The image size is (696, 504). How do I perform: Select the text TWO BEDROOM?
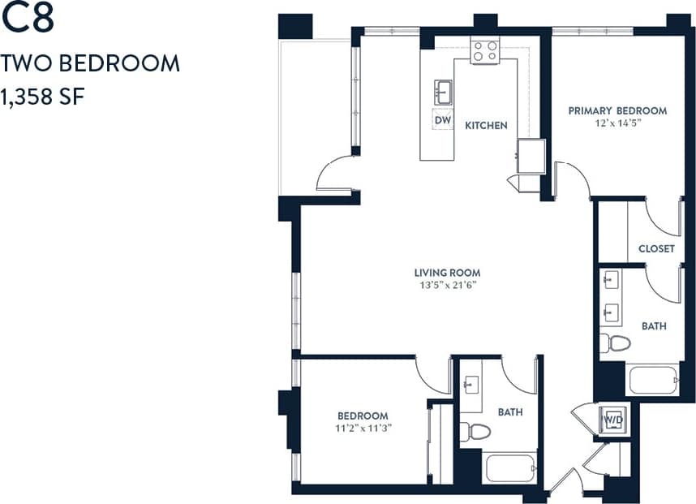coord(90,63)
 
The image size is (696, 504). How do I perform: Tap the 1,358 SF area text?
coord(44,95)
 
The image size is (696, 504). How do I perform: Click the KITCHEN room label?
coord(486,125)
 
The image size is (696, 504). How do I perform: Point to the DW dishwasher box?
coord(442,120)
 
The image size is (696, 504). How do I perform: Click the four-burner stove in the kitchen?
coord(485,51)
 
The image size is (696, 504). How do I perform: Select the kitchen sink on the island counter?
coord(443,89)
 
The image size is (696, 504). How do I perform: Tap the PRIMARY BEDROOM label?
coord(617,110)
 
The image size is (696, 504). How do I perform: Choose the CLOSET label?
coord(656,248)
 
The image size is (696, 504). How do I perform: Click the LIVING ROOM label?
coord(447,273)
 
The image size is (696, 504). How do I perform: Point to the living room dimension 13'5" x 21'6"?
coord(447,286)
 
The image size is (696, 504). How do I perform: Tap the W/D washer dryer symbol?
coord(612,420)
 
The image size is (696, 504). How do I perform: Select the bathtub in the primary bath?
coord(652,380)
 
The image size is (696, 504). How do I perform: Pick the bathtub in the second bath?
coord(510,468)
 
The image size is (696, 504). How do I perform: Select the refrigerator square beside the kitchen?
coord(532,156)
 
